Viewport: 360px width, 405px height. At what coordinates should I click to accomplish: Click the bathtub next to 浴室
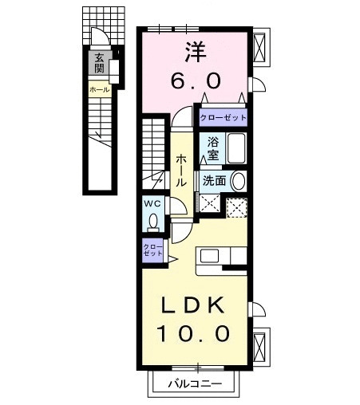click(236, 148)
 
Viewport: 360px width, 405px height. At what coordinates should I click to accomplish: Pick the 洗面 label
click(214, 180)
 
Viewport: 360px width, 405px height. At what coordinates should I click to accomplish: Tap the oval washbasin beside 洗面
click(238, 181)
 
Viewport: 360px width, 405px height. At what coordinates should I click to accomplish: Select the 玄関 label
click(99, 63)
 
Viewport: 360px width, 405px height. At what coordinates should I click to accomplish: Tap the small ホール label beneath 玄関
click(99, 90)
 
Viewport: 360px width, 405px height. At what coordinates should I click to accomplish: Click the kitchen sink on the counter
click(210, 257)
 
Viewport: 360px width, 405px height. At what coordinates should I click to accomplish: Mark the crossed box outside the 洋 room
click(260, 47)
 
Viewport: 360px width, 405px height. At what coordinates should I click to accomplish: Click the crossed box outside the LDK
click(260, 347)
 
